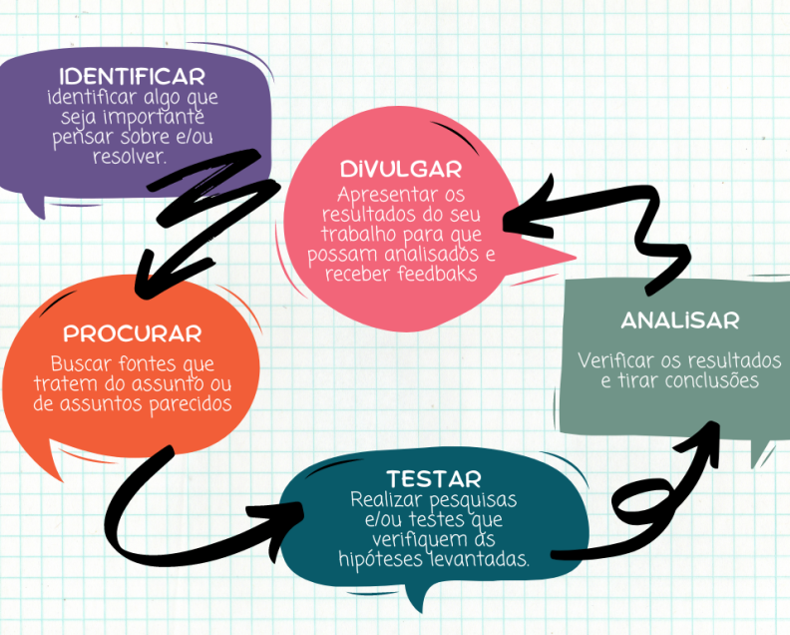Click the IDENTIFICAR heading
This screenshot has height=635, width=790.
pos(132,77)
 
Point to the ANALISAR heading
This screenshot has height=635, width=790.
pos(679,320)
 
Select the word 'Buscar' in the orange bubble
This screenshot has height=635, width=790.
pos(82,364)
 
